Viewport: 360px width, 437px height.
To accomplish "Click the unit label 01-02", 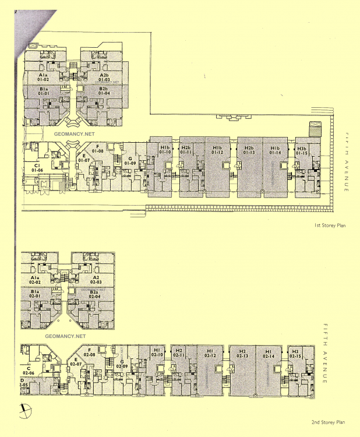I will [43, 78].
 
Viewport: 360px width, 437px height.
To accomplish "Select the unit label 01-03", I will [104, 78].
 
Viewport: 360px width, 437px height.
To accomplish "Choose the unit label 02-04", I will [95, 294].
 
